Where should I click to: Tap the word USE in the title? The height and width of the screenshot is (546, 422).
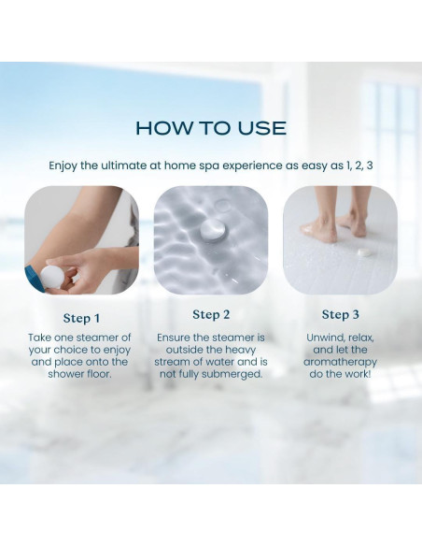click(262, 128)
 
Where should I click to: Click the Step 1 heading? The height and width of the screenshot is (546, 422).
click(81, 318)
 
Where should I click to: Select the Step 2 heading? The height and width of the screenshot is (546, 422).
click(211, 314)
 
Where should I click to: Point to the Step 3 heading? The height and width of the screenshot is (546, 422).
click(341, 314)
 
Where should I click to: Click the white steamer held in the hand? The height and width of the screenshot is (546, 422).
click(52, 277)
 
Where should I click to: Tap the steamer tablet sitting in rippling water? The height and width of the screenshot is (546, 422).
click(213, 230)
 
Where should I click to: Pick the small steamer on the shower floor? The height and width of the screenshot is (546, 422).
click(365, 251)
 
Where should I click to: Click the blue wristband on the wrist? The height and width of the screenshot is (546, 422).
click(34, 278)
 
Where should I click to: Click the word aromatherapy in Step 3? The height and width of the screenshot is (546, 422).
click(341, 362)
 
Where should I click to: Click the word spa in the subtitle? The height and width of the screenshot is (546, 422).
click(210, 165)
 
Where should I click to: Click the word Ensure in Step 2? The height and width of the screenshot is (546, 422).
click(173, 338)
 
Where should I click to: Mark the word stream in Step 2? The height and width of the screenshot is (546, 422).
click(172, 362)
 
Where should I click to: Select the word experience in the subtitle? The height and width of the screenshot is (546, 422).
click(252, 165)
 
